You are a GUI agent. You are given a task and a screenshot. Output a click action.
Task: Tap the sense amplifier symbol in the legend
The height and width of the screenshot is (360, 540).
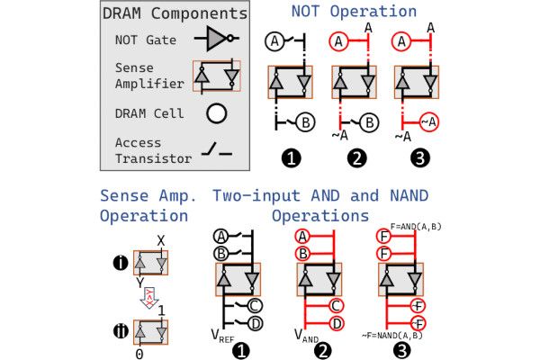(x=217, y=75)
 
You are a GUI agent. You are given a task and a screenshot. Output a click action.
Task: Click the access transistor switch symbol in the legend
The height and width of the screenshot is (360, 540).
(x=217, y=149)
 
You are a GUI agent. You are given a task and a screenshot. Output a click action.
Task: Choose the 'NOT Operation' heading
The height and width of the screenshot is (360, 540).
(x=354, y=12)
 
